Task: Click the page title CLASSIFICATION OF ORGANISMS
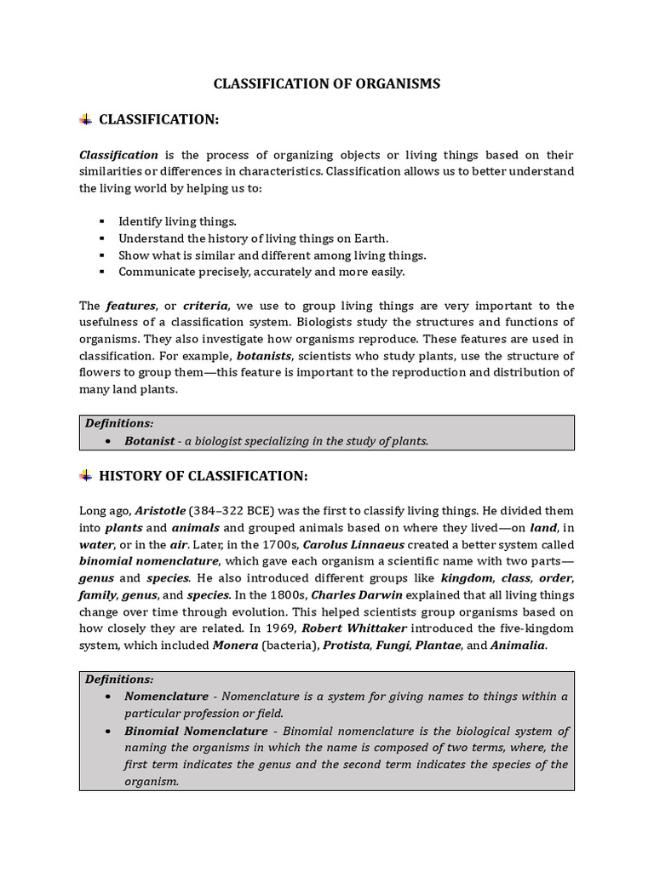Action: coord(327,83)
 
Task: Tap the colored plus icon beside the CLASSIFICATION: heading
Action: coord(85,120)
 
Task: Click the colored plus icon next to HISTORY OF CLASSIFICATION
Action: coord(85,475)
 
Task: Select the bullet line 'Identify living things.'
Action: coord(177,221)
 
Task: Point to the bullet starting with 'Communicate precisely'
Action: coord(261,272)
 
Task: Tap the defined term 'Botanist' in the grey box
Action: coord(150,441)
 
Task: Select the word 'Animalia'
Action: coord(517,645)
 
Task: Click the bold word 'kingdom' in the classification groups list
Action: coord(467,577)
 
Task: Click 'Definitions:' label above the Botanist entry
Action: coord(119,423)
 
